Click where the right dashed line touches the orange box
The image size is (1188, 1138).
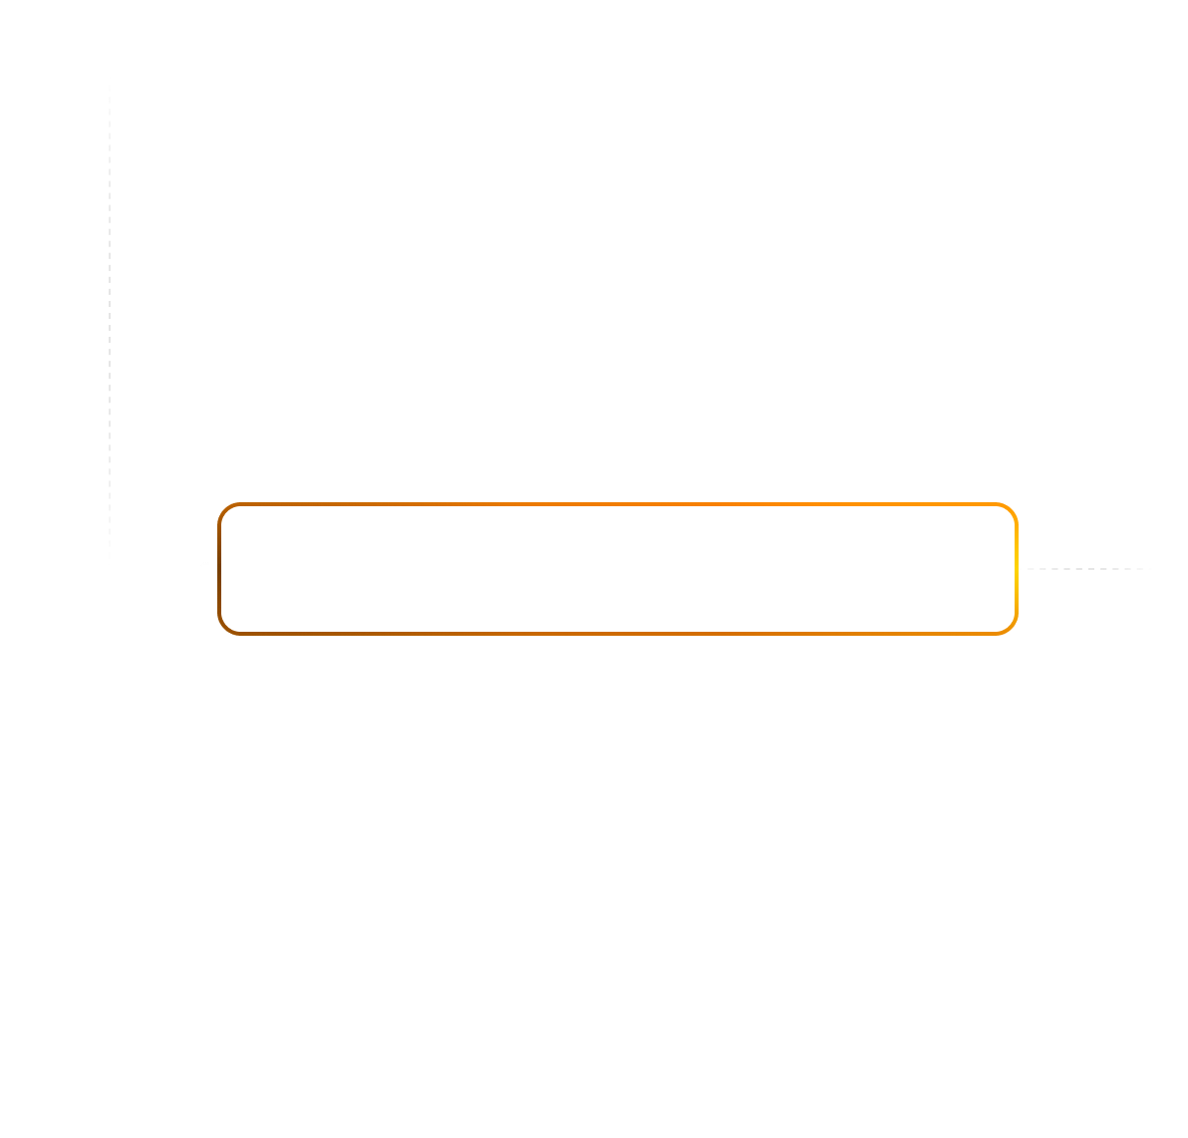click(1018, 569)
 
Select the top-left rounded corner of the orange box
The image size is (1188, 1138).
click(225, 510)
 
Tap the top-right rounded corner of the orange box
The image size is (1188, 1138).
click(1011, 510)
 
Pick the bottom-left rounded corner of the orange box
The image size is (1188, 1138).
click(225, 627)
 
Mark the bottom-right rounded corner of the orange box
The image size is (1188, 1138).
click(1011, 627)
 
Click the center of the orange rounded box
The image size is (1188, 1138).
click(618, 569)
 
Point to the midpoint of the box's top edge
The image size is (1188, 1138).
click(618, 505)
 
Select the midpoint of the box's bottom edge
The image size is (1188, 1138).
click(618, 633)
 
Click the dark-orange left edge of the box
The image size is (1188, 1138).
click(219, 569)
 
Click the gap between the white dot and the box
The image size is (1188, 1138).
click(214, 567)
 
